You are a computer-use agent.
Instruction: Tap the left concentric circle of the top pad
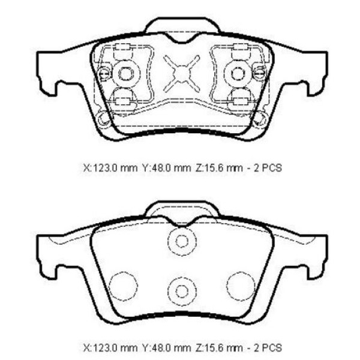point(125,73)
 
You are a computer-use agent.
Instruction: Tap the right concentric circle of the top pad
point(237,73)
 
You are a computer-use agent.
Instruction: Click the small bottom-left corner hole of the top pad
point(104,119)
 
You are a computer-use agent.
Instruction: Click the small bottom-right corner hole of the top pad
point(260,119)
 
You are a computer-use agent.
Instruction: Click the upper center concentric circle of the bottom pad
point(182,241)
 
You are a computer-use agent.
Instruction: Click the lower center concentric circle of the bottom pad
point(182,290)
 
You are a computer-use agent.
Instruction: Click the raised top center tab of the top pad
point(182,25)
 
